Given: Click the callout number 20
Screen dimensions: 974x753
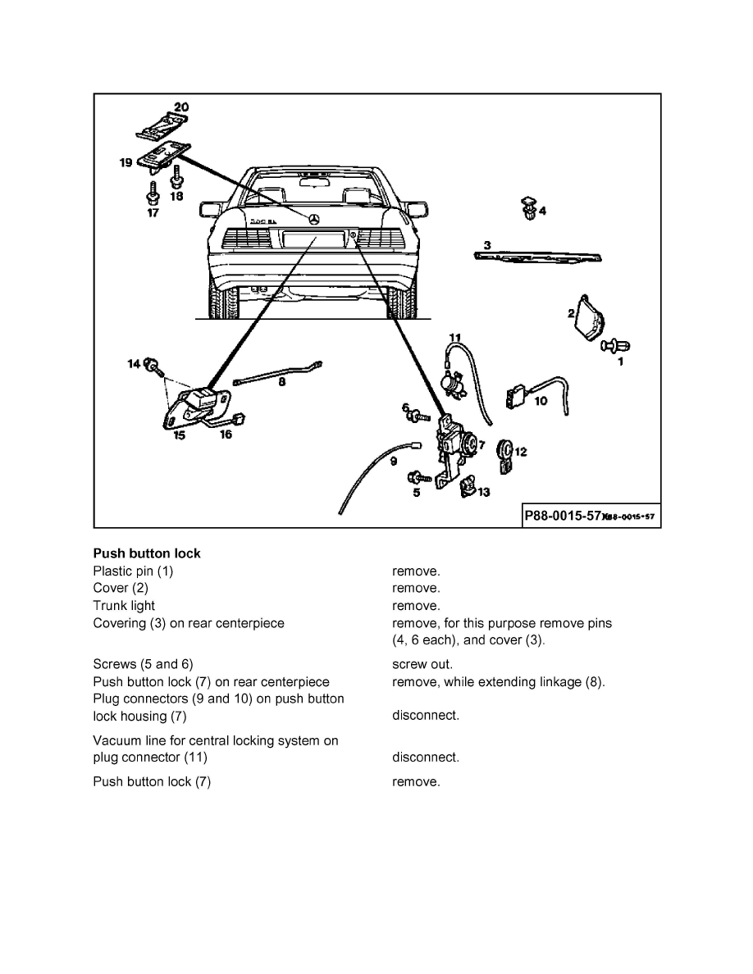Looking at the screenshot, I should (180, 107).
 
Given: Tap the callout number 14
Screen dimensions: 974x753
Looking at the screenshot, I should (134, 363).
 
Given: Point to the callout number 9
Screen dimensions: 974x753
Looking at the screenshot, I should (393, 462).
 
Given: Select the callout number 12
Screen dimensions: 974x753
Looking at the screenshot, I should (520, 451).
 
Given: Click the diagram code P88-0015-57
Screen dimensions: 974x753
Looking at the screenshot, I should (563, 517).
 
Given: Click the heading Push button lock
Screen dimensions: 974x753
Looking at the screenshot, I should (147, 553).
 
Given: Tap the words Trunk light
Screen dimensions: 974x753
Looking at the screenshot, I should (124, 606).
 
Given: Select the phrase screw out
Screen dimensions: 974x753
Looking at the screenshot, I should (422, 664).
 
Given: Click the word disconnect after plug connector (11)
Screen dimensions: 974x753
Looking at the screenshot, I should (425, 758).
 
